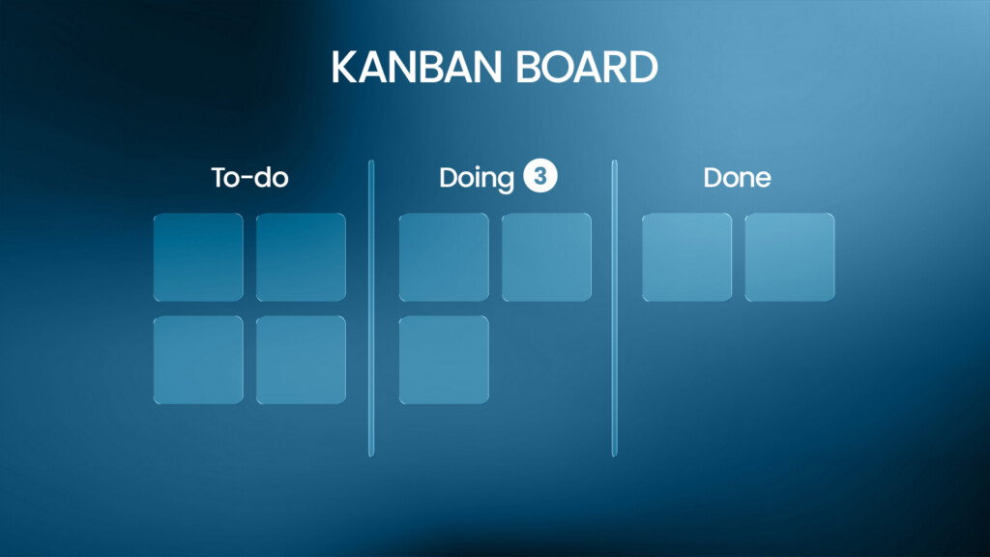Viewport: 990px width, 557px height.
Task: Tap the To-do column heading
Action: (249, 178)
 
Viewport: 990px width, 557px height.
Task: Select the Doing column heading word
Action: (477, 179)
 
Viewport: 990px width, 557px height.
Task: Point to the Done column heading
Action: (737, 178)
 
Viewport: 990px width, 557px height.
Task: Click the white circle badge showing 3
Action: (539, 176)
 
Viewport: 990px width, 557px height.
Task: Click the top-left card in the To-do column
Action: (198, 257)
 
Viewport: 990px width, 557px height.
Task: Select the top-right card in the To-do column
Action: (301, 257)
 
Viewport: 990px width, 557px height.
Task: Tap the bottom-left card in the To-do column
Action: (198, 360)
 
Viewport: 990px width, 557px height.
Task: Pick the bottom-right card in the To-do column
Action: (301, 360)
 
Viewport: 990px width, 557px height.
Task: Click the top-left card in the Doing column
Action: (444, 257)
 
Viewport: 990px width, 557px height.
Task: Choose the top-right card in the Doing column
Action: (547, 257)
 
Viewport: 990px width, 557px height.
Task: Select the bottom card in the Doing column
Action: (444, 360)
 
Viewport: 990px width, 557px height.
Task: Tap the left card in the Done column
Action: (687, 257)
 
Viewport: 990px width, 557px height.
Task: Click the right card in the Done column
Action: (790, 257)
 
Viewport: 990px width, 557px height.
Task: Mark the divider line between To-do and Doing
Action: (371, 308)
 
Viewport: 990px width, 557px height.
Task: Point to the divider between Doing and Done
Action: (614, 308)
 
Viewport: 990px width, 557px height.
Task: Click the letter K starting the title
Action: (345, 67)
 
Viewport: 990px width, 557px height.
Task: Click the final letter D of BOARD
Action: (644, 67)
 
